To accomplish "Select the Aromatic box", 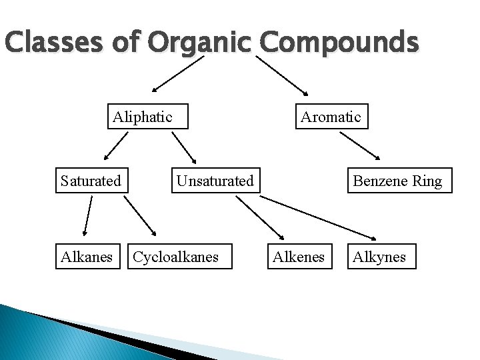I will coord(330,117).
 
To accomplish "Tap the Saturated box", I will coord(91,180).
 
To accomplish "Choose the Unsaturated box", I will coord(215,180).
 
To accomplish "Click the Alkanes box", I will coord(87,256).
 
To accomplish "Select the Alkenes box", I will coord(299,256).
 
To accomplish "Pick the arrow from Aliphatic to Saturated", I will coord(116,146).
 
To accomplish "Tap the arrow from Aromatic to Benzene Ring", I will coord(360,146).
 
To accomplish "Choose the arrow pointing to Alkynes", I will coord(318,216).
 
